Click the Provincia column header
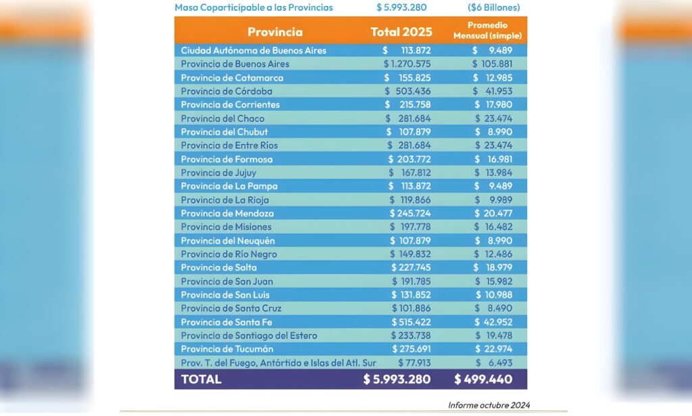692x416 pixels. click(x=275, y=32)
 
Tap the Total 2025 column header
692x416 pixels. click(x=401, y=32)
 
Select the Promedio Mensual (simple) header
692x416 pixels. click(x=487, y=30)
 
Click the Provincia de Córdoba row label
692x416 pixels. click(x=226, y=91)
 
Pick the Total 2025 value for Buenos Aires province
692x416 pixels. click(x=407, y=64)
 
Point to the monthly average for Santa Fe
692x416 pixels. click(x=493, y=322)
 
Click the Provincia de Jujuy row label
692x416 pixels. click(x=218, y=172)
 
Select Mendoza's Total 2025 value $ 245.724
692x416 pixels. click(x=410, y=213)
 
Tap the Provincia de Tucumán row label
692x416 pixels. click(x=227, y=349)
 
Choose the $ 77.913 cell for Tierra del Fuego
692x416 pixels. click(x=414, y=363)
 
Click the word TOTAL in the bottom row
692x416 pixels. click(x=201, y=379)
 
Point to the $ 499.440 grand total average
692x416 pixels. click(x=483, y=379)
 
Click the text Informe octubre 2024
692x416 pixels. click(x=489, y=405)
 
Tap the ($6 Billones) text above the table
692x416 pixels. click(x=494, y=7)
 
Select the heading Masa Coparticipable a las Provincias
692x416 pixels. click(x=254, y=7)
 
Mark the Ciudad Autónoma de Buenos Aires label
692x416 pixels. click(x=253, y=50)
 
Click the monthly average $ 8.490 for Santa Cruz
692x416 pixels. click(x=493, y=308)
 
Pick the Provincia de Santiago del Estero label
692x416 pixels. click(x=249, y=336)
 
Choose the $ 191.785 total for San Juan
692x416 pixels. click(x=412, y=281)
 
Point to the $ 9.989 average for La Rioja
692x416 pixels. click(x=493, y=200)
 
